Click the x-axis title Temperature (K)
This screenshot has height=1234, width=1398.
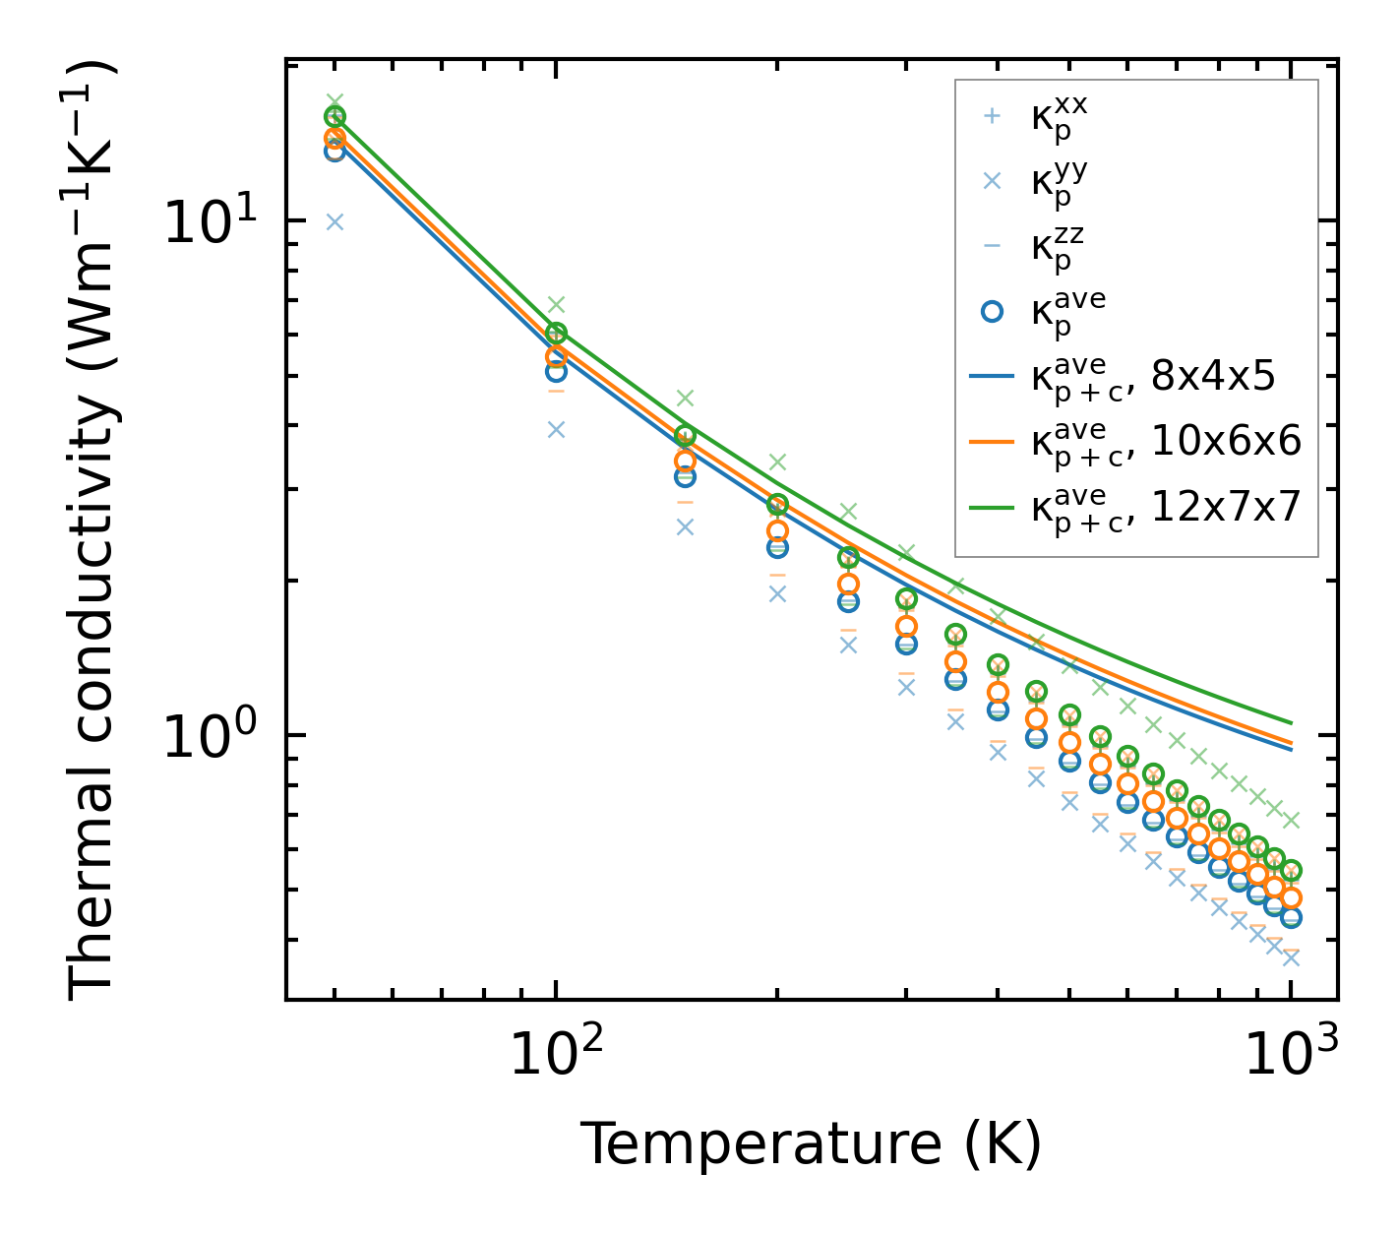(x=811, y=1143)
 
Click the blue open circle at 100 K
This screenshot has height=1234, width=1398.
(x=556, y=372)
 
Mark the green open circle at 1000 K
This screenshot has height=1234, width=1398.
(x=1291, y=871)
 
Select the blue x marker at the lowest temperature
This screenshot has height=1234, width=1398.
(x=334, y=221)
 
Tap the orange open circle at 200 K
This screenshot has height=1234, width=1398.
(x=777, y=531)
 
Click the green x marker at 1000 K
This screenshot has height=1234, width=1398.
(x=1291, y=820)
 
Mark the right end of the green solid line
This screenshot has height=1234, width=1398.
(x=1291, y=723)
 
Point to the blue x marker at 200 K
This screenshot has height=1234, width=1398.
(x=777, y=593)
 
